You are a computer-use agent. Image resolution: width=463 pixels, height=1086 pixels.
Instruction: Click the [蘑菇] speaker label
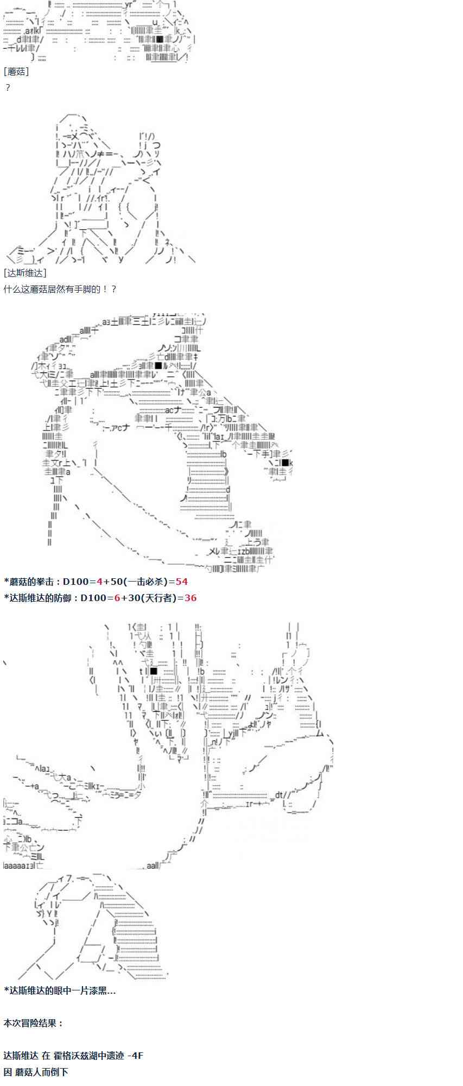click(16, 71)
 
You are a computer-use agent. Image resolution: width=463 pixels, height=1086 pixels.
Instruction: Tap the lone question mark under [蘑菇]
click(8, 87)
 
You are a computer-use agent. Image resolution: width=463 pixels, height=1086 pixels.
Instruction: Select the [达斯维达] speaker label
click(25, 273)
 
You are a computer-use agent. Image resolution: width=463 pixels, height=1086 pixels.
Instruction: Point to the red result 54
click(181, 582)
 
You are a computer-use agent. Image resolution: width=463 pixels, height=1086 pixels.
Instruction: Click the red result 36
click(190, 598)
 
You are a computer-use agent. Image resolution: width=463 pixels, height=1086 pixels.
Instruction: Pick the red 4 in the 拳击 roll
click(99, 582)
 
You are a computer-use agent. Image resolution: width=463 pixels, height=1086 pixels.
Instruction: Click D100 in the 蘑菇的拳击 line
click(75, 582)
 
